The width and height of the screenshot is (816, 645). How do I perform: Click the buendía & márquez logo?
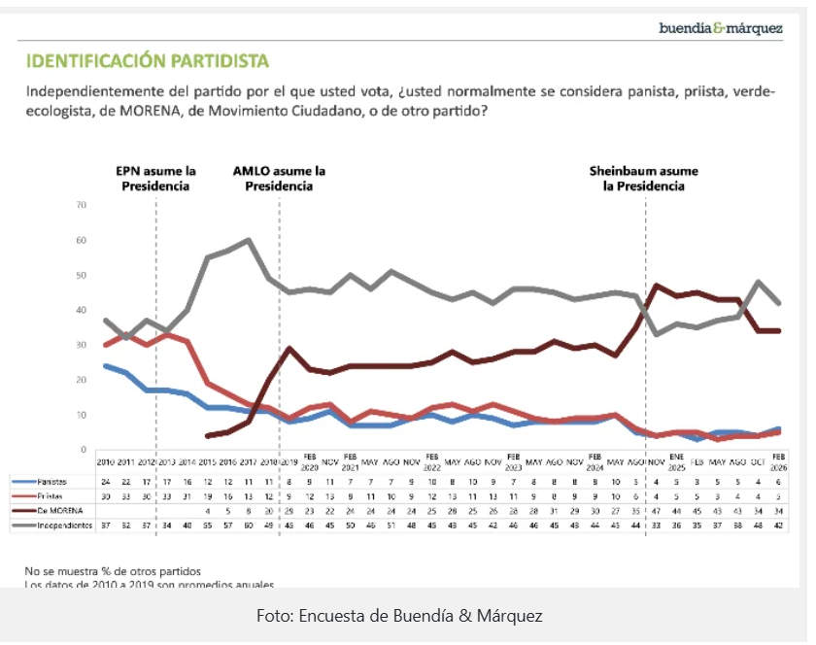click(721, 28)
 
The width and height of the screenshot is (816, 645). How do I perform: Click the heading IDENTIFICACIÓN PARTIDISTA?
click(147, 62)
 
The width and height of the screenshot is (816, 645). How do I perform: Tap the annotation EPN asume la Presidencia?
click(155, 179)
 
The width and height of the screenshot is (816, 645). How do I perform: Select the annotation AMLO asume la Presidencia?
click(279, 179)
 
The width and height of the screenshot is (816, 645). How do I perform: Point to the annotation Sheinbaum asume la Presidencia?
click(644, 179)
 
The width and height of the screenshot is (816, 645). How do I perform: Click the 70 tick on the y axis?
click(82, 205)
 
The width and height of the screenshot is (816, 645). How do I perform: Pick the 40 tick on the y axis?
click(82, 310)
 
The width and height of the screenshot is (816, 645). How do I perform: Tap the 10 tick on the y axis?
click(82, 415)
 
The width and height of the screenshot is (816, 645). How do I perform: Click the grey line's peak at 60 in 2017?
click(249, 240)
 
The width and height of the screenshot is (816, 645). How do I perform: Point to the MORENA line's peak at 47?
click(658, 286)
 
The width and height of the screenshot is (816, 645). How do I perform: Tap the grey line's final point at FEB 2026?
click(778, 303)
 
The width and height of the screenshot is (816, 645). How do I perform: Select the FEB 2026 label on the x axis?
click(778, 459)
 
